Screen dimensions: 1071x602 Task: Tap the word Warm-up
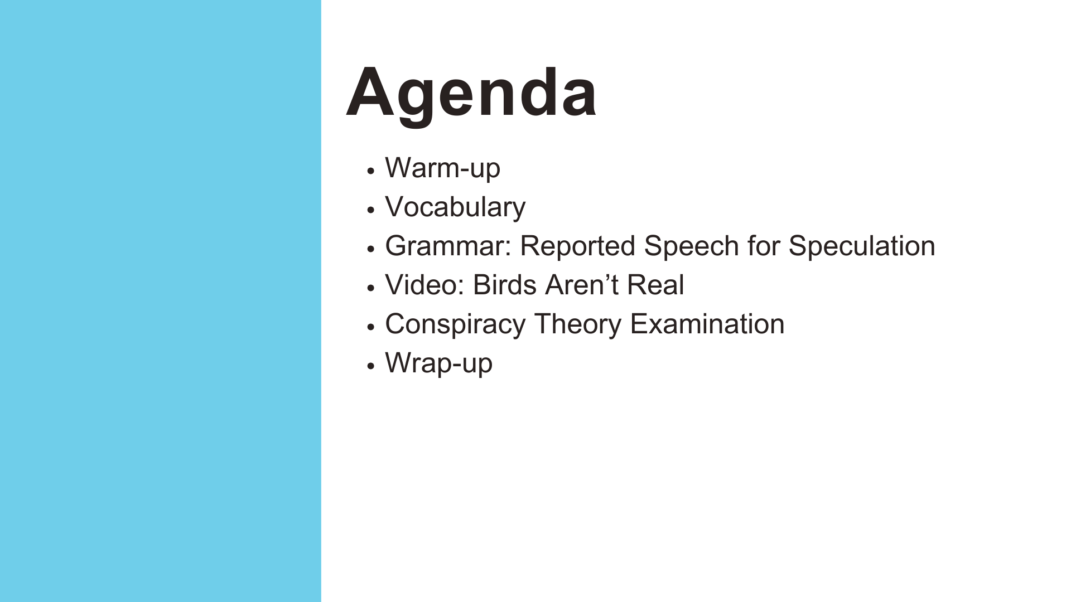tap(443, 168)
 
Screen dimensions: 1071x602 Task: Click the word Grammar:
tap(448, 246)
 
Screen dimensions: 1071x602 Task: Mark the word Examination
tap(707, 324)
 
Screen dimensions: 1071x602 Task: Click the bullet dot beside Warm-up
tap(370, 171)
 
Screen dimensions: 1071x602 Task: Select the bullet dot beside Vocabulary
tap(370, 210)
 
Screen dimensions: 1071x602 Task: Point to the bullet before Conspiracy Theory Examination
tap(370, 327)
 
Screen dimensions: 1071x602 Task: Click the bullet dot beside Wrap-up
tap(370, 366)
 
